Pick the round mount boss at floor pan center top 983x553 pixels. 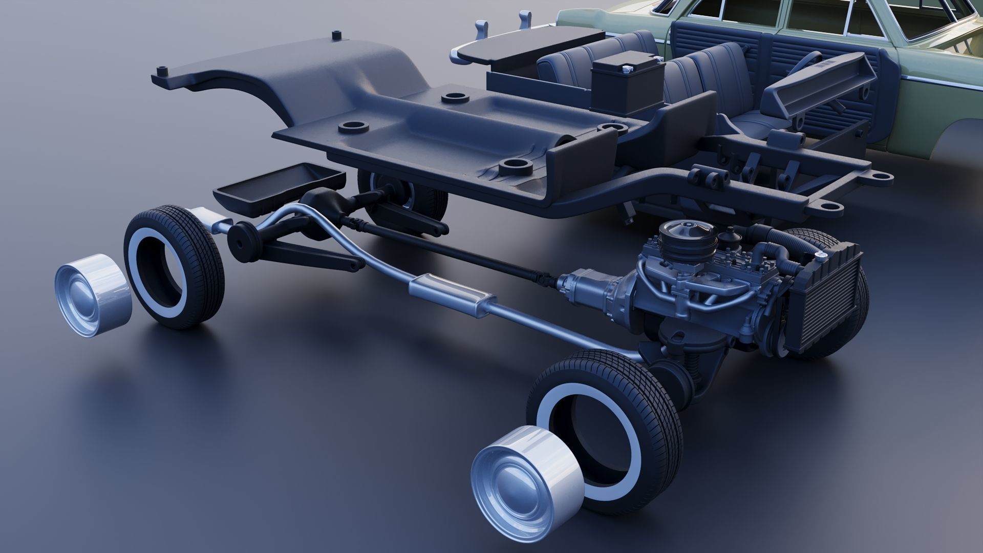[x=454, y=97]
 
